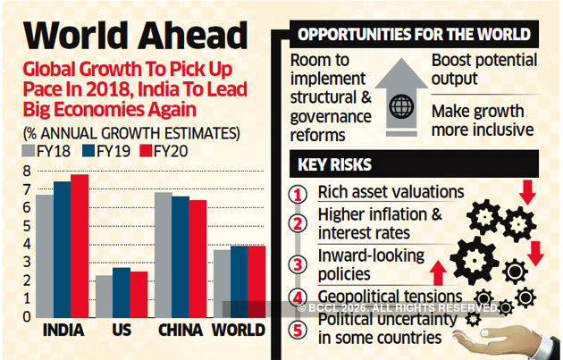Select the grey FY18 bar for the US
click(105, 296)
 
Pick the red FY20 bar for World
click(256, 280)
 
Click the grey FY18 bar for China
click(163, 255)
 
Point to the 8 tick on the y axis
click(26, 171)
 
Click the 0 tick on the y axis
click(26, 315)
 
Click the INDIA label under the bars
click(63, 331)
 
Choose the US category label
click(122, 331)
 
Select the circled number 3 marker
click(302, 264)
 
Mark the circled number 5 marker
click(302, 329)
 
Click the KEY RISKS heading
click(336, 166)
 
